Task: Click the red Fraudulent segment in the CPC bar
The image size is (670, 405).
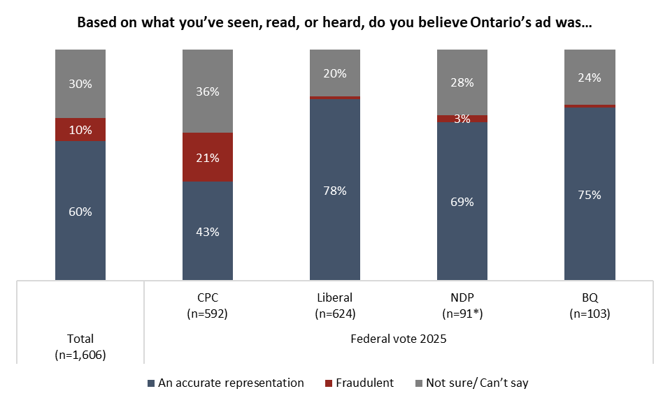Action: point(208,157)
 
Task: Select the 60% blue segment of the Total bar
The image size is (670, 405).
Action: point(80,211)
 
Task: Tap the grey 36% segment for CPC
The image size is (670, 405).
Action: point(208,91)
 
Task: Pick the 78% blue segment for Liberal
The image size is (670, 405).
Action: point(335,189)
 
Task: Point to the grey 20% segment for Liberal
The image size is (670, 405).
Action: point(335,73)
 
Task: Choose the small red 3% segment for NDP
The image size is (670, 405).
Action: point(462,119)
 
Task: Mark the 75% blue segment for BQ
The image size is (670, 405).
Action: point(590,194)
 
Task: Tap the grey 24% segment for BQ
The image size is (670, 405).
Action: point(590,77)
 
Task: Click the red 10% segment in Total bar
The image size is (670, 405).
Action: point(80,130)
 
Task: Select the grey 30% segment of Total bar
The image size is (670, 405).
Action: point(80,84)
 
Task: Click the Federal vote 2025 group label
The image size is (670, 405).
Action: point(399,339)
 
